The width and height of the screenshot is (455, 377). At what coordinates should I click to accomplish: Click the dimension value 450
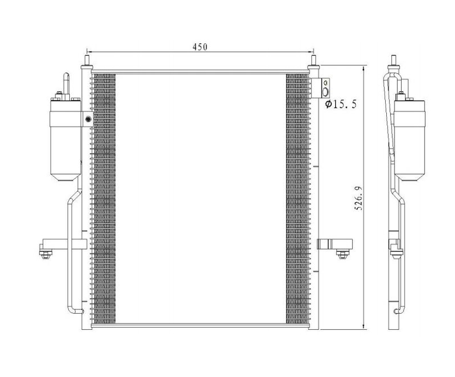[200, 47]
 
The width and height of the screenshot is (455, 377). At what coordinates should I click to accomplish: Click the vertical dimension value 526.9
[359, 198]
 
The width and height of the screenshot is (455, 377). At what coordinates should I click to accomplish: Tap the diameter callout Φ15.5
[341, 104]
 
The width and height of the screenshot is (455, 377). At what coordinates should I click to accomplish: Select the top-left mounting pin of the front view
[87, 60]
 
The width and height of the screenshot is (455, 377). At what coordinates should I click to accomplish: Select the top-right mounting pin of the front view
[314, 60]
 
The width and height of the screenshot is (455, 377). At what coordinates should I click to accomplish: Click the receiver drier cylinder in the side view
[409, 141]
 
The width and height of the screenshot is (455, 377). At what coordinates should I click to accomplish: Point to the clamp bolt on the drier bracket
[88, 119]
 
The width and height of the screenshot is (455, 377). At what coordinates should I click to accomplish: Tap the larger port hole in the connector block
[326, 92]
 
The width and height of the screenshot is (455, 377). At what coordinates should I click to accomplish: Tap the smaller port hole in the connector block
[326, 83]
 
